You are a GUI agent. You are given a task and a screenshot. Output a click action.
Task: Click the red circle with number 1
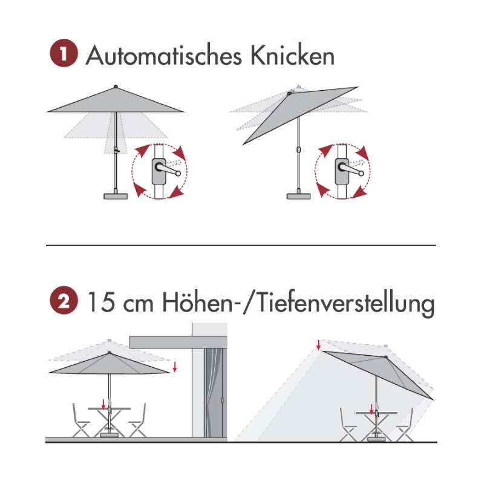click(64, 53)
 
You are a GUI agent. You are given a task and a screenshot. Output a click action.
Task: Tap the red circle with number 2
click(64, 300)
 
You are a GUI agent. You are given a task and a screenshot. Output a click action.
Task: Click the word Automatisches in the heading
click(163, 56)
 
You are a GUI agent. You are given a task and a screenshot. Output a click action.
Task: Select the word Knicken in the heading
click(292, 56)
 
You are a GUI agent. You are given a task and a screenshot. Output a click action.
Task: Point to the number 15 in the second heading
click(102, 302)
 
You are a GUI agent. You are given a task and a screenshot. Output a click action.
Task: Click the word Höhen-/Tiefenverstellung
click(299, 304)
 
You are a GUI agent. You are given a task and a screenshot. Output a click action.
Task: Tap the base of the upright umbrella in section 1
click(116, 196)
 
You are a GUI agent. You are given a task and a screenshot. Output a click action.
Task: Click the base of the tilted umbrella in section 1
click(298, 196)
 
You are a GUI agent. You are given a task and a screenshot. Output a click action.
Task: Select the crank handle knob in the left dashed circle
click(178, 174)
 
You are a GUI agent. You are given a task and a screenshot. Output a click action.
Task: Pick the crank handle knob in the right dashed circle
click(361, 174)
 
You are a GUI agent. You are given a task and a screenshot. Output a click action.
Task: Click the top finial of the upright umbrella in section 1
click(116, 87)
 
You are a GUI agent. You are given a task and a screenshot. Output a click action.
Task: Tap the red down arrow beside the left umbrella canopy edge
click(175, 367)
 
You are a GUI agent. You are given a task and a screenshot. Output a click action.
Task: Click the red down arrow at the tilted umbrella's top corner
click(319, 345)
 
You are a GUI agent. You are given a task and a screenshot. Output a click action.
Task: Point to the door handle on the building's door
click(222, 401)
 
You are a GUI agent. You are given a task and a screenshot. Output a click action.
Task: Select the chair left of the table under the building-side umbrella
click(80, 420)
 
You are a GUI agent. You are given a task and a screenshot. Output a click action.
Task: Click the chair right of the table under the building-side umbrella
click(138, 420)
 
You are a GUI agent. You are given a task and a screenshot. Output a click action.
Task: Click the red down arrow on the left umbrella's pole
click(103, 404)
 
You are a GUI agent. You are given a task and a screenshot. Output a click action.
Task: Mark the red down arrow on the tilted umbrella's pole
click(371, 409)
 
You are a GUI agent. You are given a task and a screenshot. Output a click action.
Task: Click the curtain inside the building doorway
click(214, 393)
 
